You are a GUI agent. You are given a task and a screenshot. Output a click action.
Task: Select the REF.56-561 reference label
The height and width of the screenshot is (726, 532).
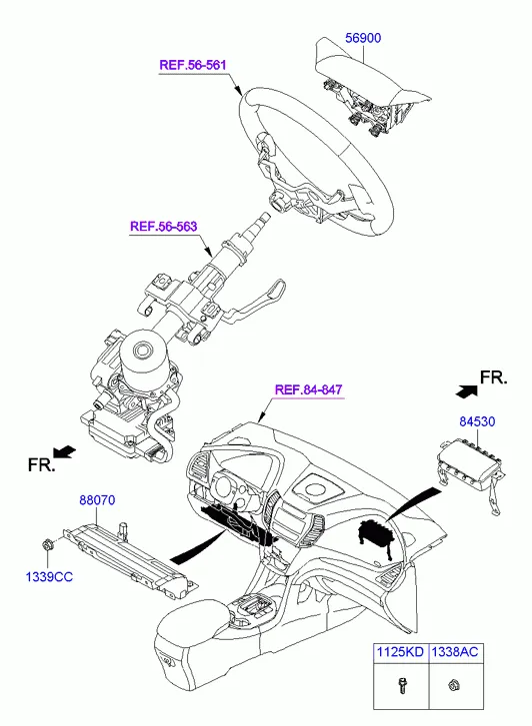(193, 66)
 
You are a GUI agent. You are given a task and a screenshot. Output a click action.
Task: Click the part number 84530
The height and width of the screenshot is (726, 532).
(476, 422)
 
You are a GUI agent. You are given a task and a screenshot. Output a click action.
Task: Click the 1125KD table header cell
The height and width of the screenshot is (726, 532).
(397, 651)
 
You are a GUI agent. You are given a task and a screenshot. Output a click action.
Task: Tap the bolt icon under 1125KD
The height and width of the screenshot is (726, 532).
(396, 688)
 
